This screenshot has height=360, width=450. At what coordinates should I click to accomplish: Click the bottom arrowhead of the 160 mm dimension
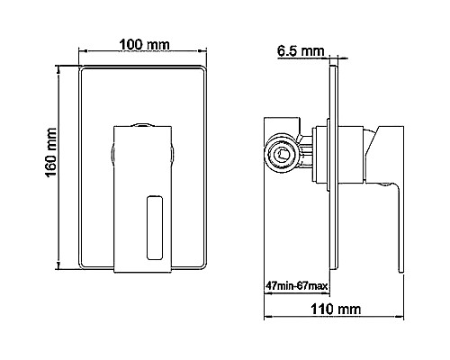click(62, 267)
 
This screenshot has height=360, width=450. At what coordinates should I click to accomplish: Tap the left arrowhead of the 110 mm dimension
click(267, 320)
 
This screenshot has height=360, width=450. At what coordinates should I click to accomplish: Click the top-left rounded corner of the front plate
click(83, 70)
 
